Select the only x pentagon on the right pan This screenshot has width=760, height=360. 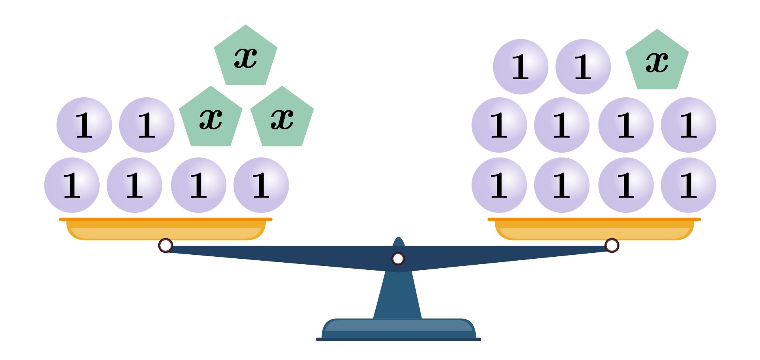point(657,61)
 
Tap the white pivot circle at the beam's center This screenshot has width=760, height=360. point(398,259)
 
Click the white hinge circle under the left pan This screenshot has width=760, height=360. point(165,245)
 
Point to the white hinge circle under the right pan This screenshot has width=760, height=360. point(612,245)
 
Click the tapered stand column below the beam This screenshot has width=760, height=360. point(398,297)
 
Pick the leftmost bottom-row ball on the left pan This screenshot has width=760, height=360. point(72,185)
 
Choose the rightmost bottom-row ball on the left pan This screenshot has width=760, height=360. point(261,185)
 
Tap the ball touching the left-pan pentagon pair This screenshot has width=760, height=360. point(147,125)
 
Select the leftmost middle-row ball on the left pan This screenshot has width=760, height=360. point(84,125)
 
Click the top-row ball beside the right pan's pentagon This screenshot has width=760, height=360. point(583,67)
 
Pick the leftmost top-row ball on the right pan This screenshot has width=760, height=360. point(521,67)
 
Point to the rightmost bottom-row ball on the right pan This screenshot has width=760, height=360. point(688,185)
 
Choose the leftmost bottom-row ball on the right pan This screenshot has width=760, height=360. point(499,185)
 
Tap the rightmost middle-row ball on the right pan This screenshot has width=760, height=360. point(688,125)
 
